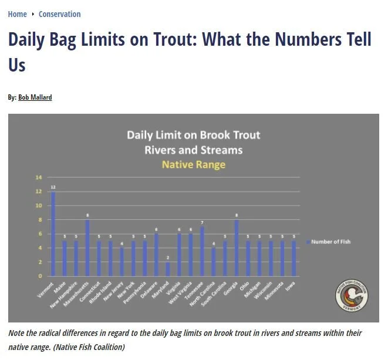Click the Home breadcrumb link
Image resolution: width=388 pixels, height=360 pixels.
pos(17,14)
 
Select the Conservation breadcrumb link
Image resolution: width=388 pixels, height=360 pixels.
pos(59,14)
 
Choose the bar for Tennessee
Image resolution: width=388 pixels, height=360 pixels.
pos(203,251)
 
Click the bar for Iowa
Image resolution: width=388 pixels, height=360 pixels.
pos(294,258)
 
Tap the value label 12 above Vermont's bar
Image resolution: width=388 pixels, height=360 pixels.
pos(53,187)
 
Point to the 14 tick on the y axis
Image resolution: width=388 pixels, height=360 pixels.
pos(39,178)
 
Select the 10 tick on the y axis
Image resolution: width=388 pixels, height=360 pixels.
pos(39,206)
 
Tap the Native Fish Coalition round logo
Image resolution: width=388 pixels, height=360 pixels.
pos(352,296)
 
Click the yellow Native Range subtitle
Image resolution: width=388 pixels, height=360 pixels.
pos(193,165)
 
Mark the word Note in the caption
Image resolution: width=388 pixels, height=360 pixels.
pos(18,333)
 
